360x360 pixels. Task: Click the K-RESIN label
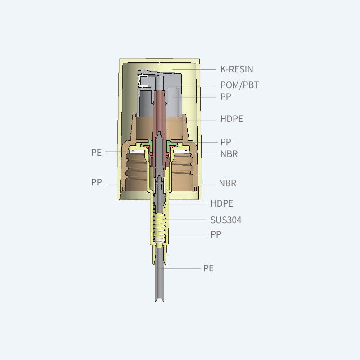tap(237, 69)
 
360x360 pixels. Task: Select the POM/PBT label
tap(239, 85)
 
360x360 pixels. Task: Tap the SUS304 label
tap(226, 220)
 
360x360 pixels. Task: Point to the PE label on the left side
tap(96, 153)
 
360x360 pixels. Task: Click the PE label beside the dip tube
tap(208, 268)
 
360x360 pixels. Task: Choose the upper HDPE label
tap(231, 119)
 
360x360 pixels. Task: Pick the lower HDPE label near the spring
tap(222, 203)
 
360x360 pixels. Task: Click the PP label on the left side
tap(96, 182)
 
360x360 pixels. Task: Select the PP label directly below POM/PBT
tap(226, 97)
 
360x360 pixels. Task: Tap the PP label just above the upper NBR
tap(226, 142)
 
